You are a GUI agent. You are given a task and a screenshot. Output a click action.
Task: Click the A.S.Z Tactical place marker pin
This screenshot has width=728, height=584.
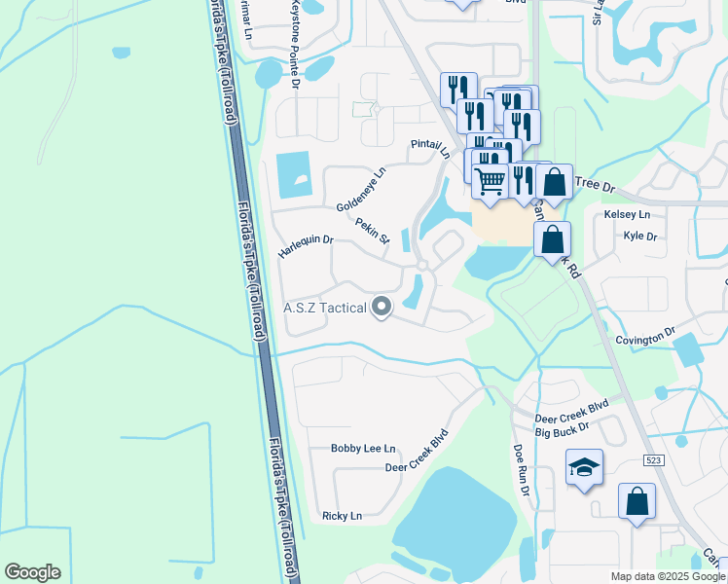pos(382,308)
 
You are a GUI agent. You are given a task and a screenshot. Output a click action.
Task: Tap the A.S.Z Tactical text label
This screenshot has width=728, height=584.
pos(325,309)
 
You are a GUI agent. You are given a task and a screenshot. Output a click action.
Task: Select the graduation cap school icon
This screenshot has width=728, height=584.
pos(584,468)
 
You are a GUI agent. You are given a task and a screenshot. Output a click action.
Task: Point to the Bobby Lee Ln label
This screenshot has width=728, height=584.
pos(363,449)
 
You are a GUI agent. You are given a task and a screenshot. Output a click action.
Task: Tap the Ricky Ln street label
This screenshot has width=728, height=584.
pos(342,515)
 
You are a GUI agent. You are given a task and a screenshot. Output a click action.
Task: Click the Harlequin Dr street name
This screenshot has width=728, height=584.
pos(306,245)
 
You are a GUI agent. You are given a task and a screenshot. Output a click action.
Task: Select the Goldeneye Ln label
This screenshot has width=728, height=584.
pos(361,189)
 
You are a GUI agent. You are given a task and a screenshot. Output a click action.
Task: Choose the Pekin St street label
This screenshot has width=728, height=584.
pos(372,231)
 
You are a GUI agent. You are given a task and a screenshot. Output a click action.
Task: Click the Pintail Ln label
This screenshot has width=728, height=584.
pos(430,148)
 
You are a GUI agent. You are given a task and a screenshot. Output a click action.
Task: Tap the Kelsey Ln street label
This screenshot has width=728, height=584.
pos(627,214)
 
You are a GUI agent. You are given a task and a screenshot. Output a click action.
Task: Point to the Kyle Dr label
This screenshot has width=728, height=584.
pos(640,237)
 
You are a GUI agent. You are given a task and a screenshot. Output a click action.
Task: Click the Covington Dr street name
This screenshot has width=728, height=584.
pos(645,336)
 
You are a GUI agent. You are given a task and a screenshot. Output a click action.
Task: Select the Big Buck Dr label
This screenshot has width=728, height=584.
pos(563,427)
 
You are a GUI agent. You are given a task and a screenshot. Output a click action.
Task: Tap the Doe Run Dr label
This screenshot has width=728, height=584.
pos(522,472)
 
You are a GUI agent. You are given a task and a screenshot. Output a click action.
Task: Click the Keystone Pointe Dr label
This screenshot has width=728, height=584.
pos(295,47)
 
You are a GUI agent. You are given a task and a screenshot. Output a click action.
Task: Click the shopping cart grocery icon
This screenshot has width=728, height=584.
pos(490,180)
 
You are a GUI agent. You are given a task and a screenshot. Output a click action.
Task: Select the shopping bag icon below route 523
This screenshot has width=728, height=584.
pos(637,502)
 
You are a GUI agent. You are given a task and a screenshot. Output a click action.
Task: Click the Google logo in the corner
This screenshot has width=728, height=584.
pos(32,572)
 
